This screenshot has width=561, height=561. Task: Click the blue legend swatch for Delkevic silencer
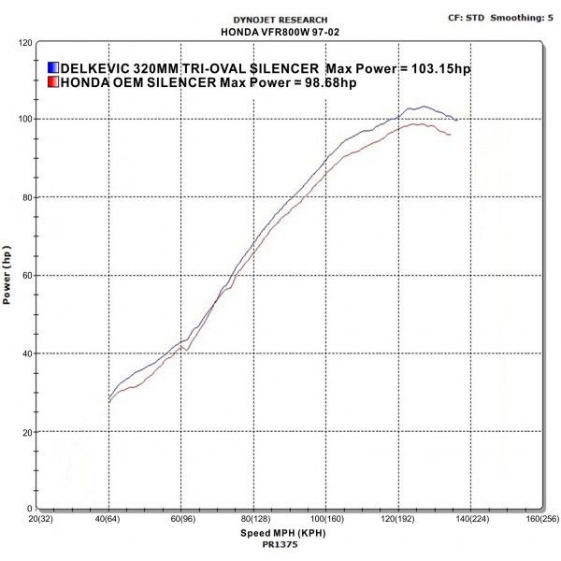(53, 68)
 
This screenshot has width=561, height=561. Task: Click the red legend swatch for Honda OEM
(53, 82)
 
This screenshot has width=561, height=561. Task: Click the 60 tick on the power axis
(27, 276)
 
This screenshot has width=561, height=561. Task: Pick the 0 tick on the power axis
(30, 509)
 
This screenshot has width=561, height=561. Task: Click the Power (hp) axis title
(7, 277)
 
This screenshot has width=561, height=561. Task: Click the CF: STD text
(467, 17)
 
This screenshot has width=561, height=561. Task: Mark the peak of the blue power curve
(423, 107)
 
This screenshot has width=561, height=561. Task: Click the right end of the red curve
(451, 136)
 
